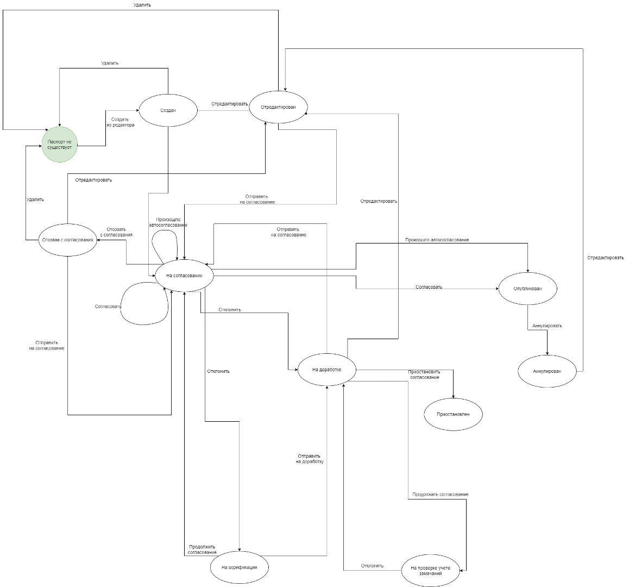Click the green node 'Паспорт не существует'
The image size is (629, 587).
(x=59, y=145)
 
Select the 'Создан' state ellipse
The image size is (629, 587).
(x=168, y=110)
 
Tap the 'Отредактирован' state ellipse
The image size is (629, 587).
(x=278, y=107)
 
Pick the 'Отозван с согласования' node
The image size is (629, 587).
(x=68, y=240)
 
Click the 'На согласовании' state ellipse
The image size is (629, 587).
(x=184, y=276)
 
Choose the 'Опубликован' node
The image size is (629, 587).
(x=527, y=288)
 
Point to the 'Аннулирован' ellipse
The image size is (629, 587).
(x=546, y=371)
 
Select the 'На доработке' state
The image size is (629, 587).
(x=326, y=370)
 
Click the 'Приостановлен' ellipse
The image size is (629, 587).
(x=452, y=414)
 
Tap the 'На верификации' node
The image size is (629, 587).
(x=239, y=567)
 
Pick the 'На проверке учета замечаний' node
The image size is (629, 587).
(x=430, y=570)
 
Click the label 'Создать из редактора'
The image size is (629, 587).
(x=120, y=122)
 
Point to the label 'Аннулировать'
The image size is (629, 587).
(x=547, y=326)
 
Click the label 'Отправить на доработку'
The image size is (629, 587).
(x=310, y=459)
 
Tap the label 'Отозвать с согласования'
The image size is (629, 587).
(x=116, y=232)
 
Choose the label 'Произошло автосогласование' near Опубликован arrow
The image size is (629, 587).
(x=437, y=240)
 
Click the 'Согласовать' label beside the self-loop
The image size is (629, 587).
(x=108, y=307)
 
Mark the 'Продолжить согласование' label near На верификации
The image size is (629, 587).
(x=202, y=549)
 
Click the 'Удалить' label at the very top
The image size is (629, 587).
(x=142, y=5)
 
